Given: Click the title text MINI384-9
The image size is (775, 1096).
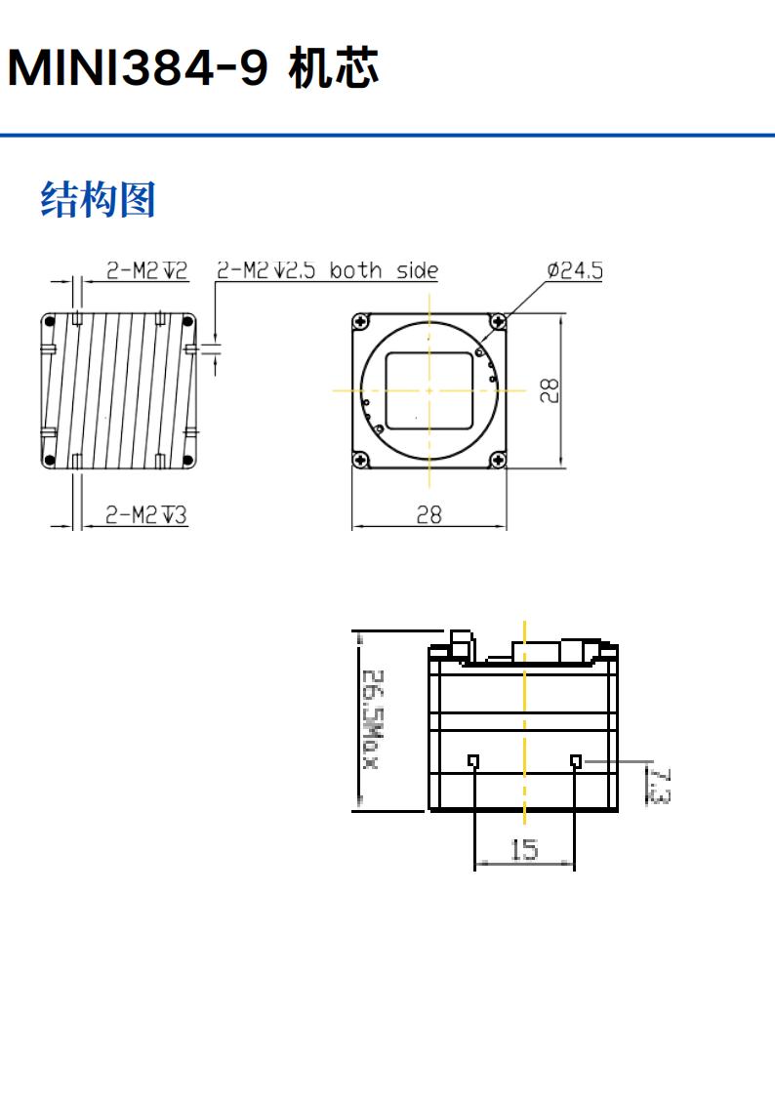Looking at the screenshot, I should coord(138,69).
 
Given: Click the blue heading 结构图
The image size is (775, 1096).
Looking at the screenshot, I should coord(98,200).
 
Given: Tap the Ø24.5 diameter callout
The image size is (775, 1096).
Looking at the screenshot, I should coord(574,270).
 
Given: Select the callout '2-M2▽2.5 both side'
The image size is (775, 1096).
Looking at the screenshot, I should coord(327,270).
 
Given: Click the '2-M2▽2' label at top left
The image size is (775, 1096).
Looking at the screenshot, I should coord(146,270).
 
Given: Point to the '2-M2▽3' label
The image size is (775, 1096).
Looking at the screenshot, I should coord(146,514).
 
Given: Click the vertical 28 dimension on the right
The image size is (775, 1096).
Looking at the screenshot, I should coord(551,390).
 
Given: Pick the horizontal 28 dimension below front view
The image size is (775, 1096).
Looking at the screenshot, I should coord(429,514).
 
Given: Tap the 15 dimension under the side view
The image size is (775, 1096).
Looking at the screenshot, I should coord(524,850).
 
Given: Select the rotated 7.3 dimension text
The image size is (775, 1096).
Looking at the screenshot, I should coord(658,786).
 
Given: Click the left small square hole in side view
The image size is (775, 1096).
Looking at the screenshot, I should coord(473,760).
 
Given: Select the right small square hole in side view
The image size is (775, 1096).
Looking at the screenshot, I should coord(576,760).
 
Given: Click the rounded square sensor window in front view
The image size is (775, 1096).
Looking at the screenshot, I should coord(429,390).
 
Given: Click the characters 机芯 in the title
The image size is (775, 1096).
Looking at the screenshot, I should coord(334,69).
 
